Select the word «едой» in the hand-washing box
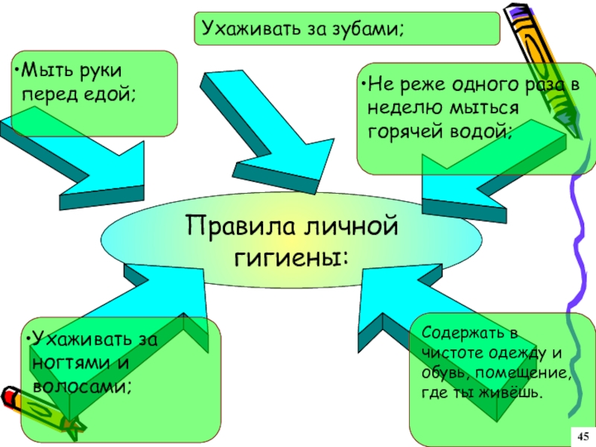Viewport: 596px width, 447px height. pos(112,95)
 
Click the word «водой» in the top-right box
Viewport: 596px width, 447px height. pos(486,130)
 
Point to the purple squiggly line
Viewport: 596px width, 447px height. pos(581,246)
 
